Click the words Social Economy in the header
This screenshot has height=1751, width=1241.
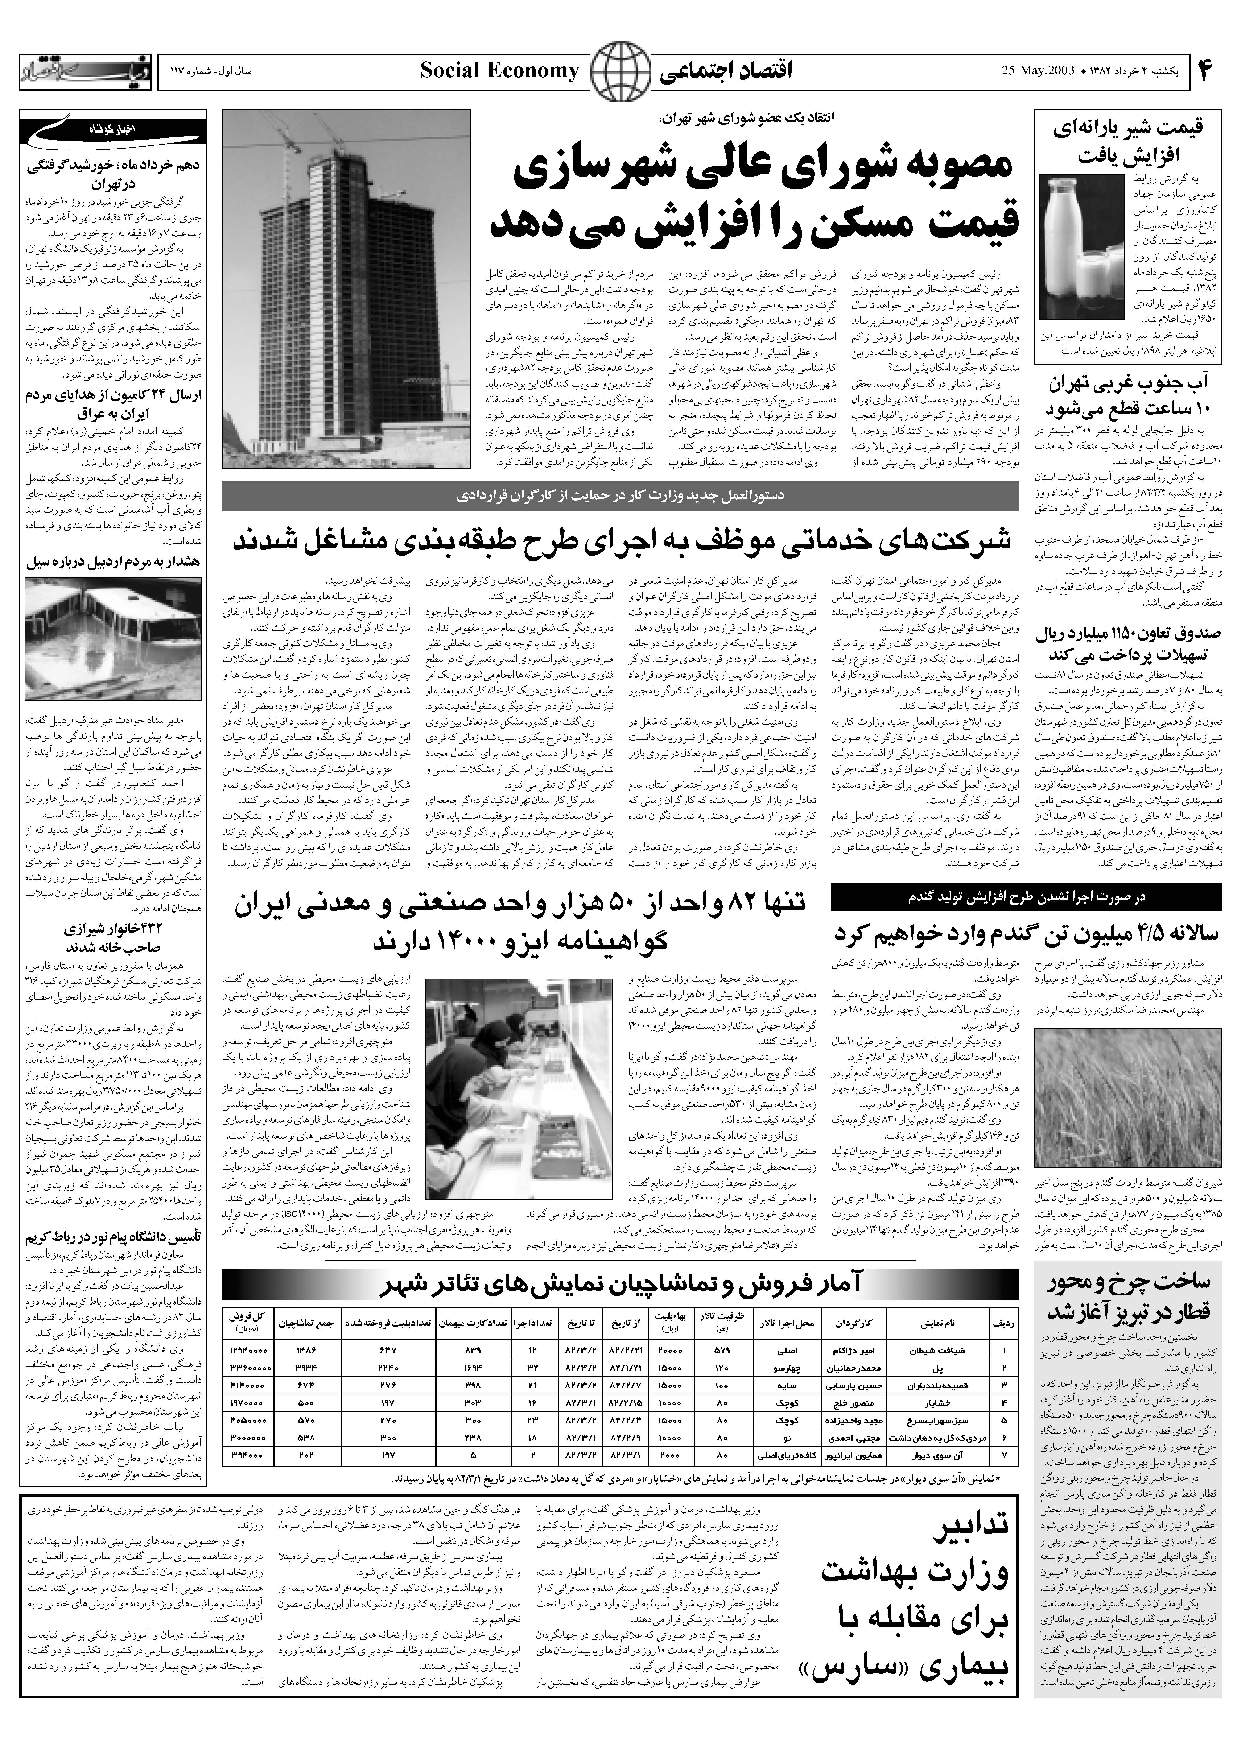pyautogui.click(x=500, y=72)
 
